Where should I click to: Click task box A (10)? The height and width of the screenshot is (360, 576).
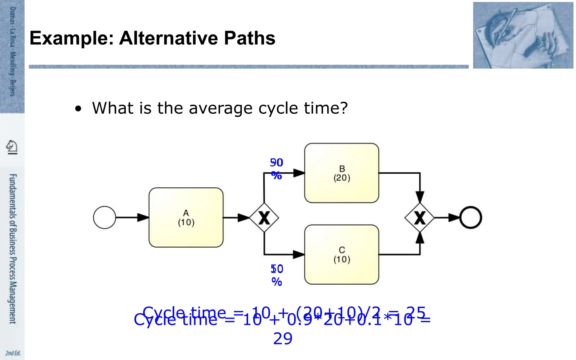pyautogui.click(x=186, y=217)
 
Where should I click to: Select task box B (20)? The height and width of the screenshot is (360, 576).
pyautogui.click(x=341, y=173)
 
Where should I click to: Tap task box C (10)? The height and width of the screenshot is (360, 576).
pyautogui.click(x=341, y=255)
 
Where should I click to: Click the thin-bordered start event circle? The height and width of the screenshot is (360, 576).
pyautogui.click(x=104, y=217)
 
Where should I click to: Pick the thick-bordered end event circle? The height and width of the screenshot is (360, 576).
pyautogui.click(x=471, y=217)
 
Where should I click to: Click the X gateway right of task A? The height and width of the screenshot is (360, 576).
pyautogui.click(x=264, y=218)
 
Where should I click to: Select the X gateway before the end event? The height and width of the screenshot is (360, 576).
pyautogui.click(x=420, y=218)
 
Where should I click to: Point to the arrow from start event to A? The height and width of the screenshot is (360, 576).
pyautogui.click(x=132, y=217)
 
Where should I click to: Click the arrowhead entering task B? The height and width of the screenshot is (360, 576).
pyautogui.click(x=299, y=173)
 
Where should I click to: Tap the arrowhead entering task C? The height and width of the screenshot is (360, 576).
pyautogui.click(x=299, y=255)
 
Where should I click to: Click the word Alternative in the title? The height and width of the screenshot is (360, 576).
pyautogui.click(x=168, y=38)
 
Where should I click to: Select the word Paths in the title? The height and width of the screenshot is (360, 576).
pyautogui.click(x=249, y=38)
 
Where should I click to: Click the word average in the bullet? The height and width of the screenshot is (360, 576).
pyautogui.click(x=220, y=108)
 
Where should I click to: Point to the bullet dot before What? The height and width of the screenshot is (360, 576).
pyautogui.click(x=78, y=109)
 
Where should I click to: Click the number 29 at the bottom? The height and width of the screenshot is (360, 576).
pyautogui.click(x=283, y=339)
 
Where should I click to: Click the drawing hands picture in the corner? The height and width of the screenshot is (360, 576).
pyautogui.click(x=523, y=35)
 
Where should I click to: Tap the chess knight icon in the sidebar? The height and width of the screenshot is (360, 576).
pyautogui.click(x=12, y=147)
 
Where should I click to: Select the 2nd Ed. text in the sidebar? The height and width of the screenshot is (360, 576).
pyautogui.click(x=13, y=353)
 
